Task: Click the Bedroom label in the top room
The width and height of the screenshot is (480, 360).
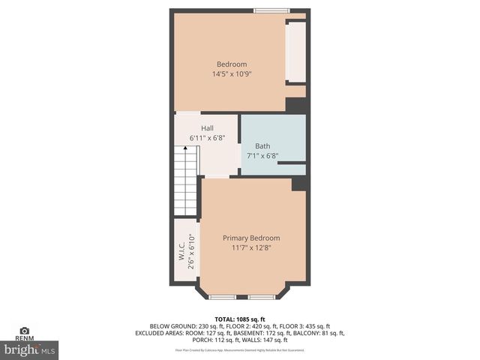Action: (232, 64)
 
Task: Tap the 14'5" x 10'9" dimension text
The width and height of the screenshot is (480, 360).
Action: (232, 75)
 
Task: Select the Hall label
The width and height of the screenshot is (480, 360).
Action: (207, 128)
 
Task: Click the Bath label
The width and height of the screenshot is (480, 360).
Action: (262, 146)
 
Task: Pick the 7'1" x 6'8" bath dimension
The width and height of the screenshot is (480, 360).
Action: (262, 157)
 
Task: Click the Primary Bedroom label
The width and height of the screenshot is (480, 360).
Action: (251, 238)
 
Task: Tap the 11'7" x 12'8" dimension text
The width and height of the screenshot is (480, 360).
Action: (251, 248)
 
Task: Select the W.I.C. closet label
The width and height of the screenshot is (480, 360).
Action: (181, 251)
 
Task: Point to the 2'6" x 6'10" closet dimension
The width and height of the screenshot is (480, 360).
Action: (191, 251)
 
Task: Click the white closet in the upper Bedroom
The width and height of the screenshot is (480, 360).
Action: (295, 52)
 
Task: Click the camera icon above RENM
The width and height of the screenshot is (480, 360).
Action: (24, 330)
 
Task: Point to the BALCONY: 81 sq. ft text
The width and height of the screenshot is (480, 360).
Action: (313, 333)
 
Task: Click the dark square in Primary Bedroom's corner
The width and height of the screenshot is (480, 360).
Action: (298, 184)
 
